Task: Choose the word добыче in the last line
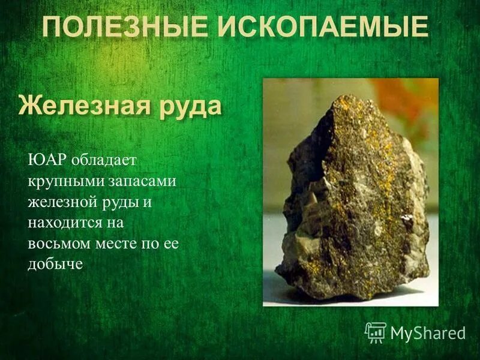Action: [x=55, y=265]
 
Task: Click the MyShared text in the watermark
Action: [x=428, y=333]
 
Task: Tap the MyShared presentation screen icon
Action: [x=375, y=332]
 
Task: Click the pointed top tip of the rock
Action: [x=341, y=98]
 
